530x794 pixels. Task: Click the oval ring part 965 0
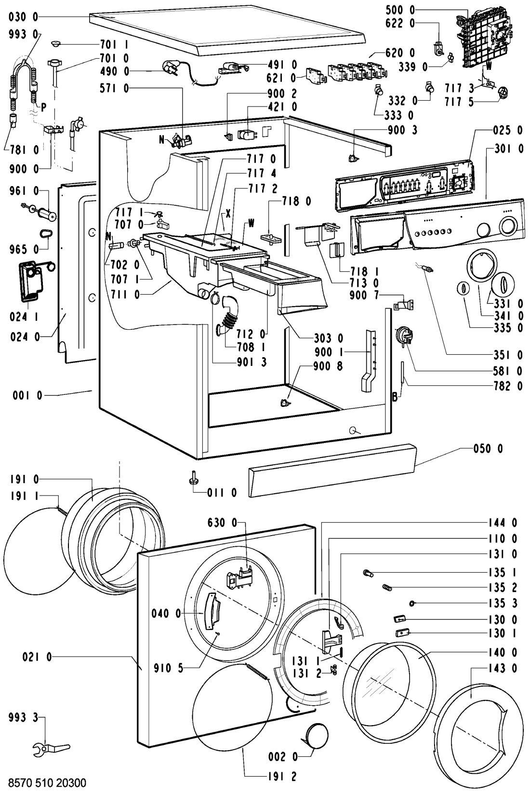point(46,234)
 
